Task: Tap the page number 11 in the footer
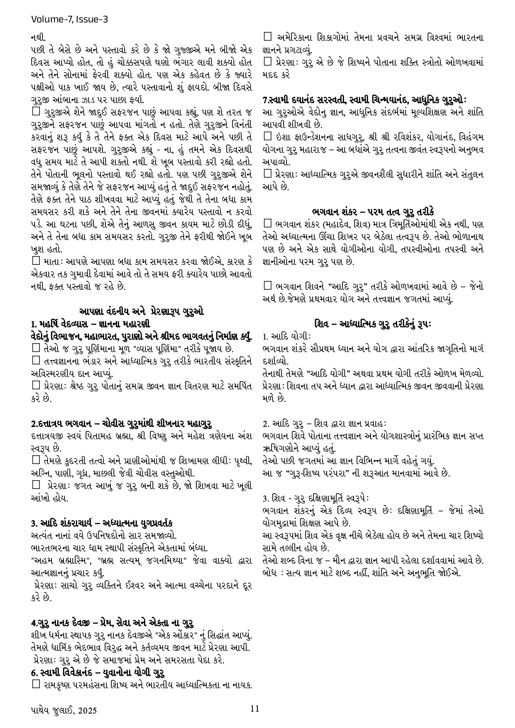[255, 708]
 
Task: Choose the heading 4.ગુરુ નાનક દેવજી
[113, 623]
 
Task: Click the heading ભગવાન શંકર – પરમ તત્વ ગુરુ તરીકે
[373, 211]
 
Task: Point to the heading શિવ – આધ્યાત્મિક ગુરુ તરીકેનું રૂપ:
[373, 323]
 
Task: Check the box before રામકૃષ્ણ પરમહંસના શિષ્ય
[35, 684]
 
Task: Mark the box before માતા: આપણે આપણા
[35, 261]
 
